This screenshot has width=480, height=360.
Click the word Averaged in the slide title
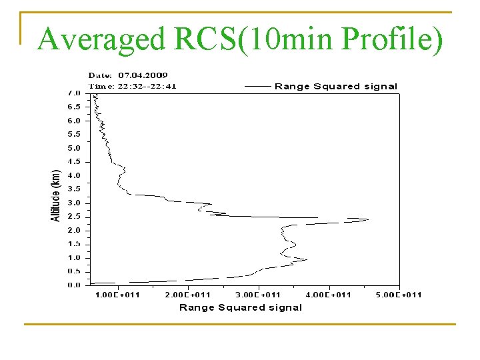click(x=101, y=39)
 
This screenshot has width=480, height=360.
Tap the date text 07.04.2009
click(x=143, y=75)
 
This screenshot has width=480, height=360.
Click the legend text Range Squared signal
click(x=336, y=86)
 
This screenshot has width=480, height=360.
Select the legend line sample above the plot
click(x=258, y=86)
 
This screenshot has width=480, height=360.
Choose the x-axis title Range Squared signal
click(x=241, y=307)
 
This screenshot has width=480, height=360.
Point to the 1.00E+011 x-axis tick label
click(x=117, y=295)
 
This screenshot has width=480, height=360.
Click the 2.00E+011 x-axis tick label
click(x=188, y=295)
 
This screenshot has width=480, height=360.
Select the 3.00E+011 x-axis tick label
click(x=258, y=295)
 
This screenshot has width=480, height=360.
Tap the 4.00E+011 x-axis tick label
click(x=329, y=295)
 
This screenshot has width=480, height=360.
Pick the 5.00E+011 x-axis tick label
click(x=398, y=295)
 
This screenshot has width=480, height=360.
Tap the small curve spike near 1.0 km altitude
click(x=306, y=259)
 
